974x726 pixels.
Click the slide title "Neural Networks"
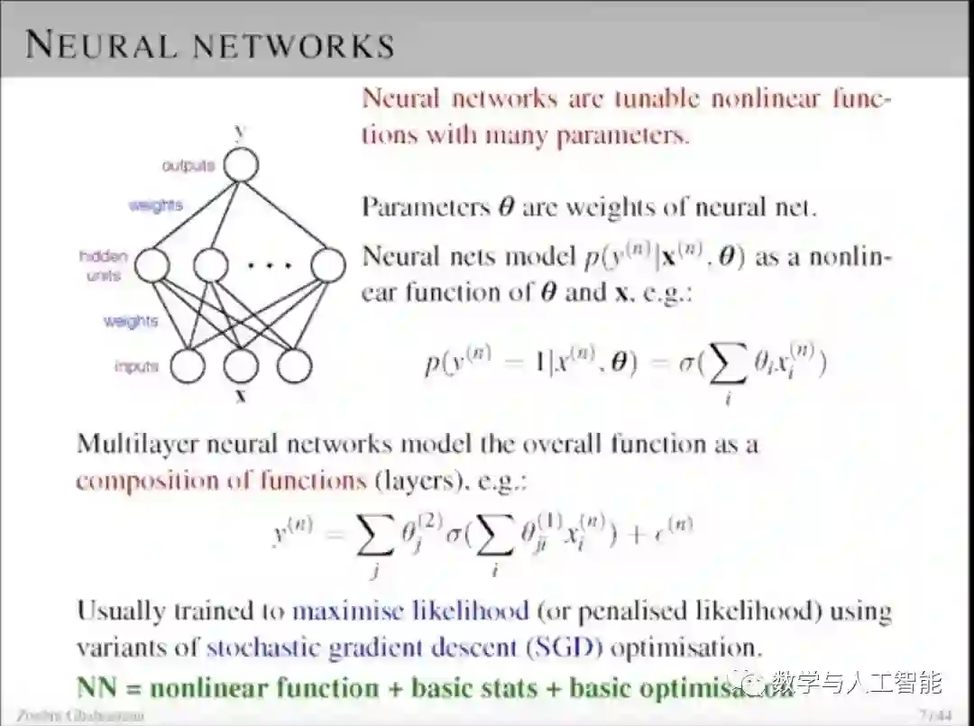(x=209, y=44)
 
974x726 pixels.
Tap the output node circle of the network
(x=241, y=165)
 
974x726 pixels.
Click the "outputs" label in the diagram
(x=188, y=166)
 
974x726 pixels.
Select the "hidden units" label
(x=105, y=266)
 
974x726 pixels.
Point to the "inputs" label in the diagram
(x=137, y=366)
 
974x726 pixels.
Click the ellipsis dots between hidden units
(x=270, y=265)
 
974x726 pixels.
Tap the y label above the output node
(x=240, y=132)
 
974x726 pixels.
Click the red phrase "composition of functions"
(x=222, y=479)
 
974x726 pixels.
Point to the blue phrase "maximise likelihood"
(x=410, y=611)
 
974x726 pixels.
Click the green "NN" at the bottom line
(x=100, y=687)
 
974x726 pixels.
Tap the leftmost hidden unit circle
(x=152, y=265)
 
